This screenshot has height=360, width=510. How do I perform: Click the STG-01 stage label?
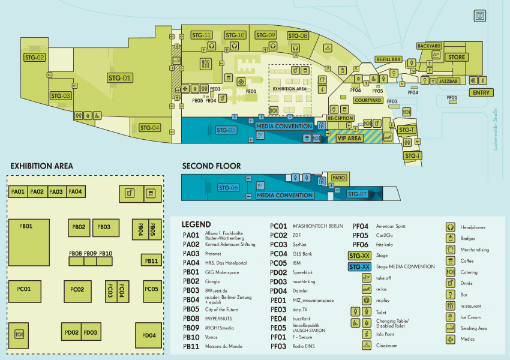tap(119, 77)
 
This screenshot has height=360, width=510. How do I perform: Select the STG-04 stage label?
tap(150, 127)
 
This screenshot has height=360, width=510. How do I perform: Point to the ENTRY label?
tap(481, 92)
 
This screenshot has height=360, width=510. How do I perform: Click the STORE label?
tap(457, 57)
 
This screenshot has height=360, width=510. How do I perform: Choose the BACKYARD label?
tap(429, 46)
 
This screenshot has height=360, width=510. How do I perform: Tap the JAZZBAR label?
tap(448, 80)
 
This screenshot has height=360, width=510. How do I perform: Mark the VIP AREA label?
tap(349, 138)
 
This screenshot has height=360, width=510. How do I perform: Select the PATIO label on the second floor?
tap(340, 178)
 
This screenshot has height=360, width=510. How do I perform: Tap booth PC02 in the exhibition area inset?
tap(77, 289)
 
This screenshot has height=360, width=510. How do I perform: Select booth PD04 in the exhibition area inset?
tap(149, 335)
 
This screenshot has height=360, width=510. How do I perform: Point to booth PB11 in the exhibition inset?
tap(152, 260)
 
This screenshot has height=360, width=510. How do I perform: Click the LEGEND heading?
tap(196, 224)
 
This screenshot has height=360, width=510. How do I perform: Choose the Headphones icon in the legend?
tap(450, 227)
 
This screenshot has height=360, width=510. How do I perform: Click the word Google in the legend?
tap(212, 281)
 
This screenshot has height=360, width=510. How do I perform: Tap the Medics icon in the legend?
tap(450, 340)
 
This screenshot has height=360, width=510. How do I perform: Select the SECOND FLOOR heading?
tap(211, 166)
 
